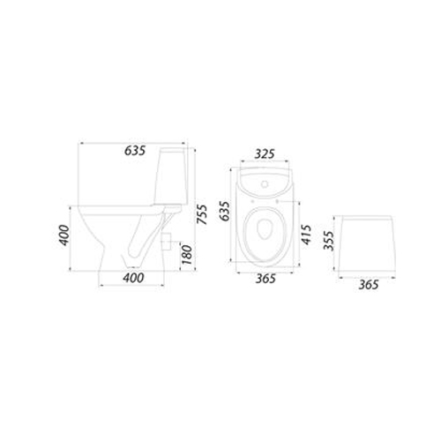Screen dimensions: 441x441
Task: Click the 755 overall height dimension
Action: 202,214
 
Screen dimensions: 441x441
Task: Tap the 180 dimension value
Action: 187,254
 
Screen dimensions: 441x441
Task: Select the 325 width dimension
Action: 265,154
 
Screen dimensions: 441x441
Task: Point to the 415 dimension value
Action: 306,235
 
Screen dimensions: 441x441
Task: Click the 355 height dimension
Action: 329,241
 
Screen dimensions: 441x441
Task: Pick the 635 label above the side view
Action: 135,151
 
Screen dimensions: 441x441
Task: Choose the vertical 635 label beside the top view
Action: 225,211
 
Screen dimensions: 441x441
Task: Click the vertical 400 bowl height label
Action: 64,235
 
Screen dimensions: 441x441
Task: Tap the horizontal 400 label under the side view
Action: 133,278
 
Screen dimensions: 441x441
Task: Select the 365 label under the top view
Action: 265,279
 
